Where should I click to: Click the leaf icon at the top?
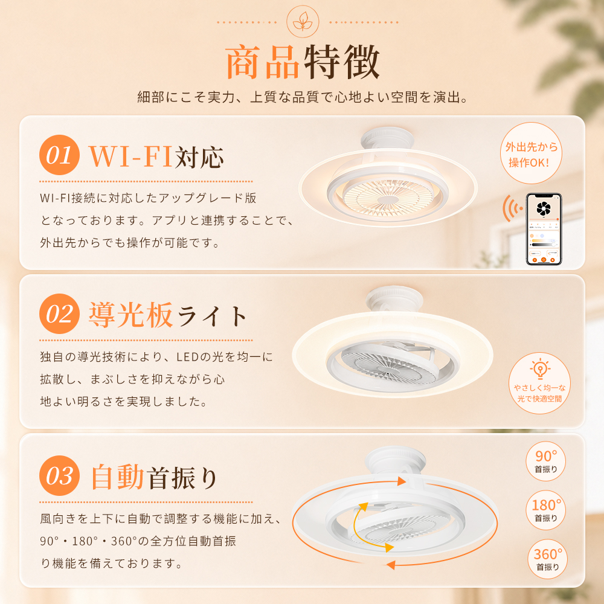303,22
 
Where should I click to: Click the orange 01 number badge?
59,155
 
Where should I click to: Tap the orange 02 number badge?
59,313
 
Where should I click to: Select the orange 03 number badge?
59,475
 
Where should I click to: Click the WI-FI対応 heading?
156,156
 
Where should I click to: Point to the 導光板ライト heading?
167,315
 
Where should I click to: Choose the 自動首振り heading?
154,477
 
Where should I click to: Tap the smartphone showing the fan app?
544,229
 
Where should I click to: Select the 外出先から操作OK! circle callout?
531,153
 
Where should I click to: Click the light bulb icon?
539,368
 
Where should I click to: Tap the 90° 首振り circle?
545,461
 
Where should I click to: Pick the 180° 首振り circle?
545,510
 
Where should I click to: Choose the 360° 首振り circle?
547,559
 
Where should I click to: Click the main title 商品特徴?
303,62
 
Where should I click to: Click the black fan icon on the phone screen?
544,208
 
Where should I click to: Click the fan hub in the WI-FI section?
388,200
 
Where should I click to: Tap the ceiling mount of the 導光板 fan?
394,298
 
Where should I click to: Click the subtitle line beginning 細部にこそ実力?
303,97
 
